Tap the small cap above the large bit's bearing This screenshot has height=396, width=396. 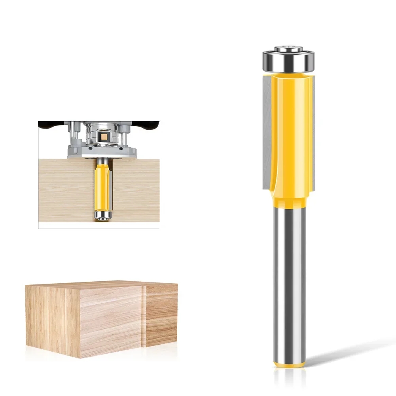click(x=288, y=49)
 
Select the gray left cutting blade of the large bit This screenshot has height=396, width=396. click(x=267, y=131)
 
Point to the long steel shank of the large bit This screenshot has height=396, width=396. click(x=288, y=277)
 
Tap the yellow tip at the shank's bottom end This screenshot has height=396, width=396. click(x=288, y=363)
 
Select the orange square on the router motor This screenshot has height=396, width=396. click(x=104, y=136)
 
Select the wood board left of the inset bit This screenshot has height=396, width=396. click(x=65, y=186)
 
